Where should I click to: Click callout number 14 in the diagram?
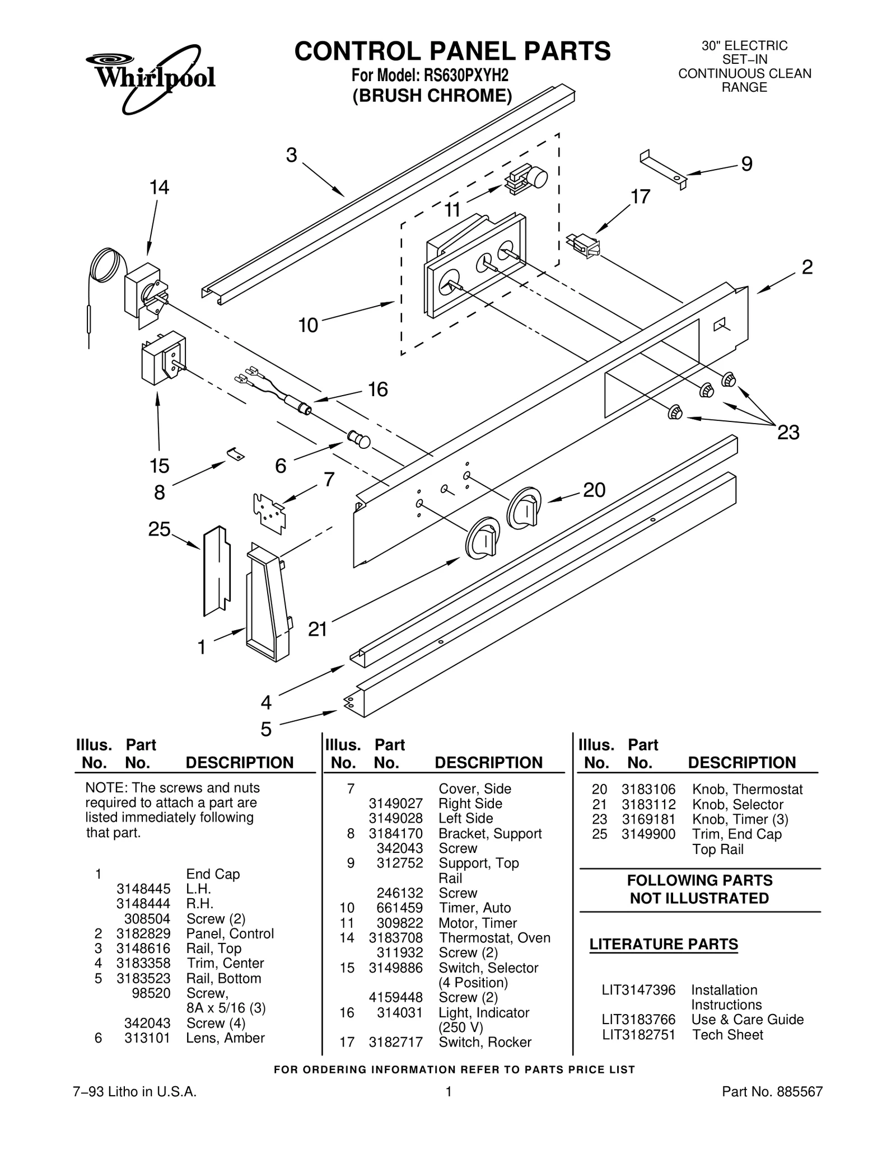pos(159,187)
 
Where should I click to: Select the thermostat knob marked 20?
pos(524,507)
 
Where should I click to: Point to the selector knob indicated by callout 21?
pos(482,538)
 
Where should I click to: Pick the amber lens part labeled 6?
pos(359,439)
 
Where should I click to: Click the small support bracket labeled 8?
pos(236,454)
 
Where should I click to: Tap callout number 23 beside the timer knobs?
pos(788,433)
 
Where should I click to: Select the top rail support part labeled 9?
pos(664,167)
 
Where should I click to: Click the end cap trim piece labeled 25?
pos(216,570)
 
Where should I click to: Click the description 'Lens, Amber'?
pos(225,1038)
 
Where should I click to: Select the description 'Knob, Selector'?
pos(738,804)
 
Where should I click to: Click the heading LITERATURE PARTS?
pos(664,945)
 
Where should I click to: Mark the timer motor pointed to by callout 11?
pos(526,178)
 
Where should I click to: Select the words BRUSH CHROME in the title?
pos(432,96)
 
